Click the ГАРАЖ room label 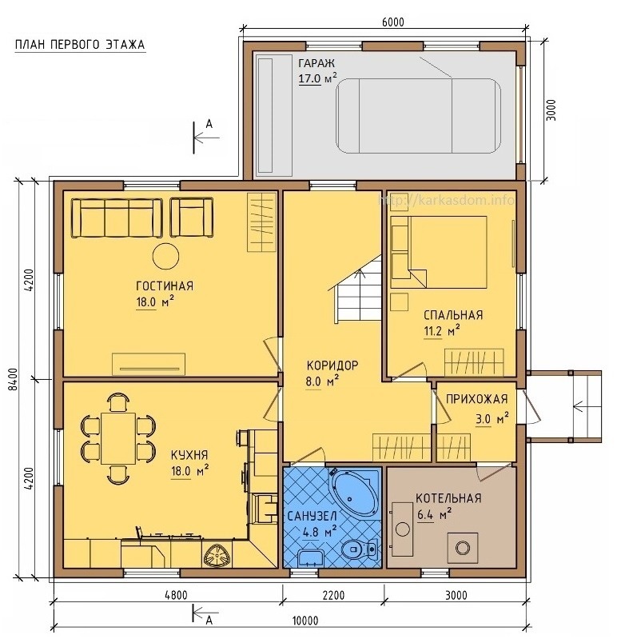tap(316, 63)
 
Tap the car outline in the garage tap(418, 116)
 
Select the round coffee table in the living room tap(165, 256)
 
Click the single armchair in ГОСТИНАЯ tap(192, 218)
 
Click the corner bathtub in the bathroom tap(355, 493)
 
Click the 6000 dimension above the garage tap(392, 22)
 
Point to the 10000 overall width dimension tap(305, 621)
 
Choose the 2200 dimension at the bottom tap(333, 595)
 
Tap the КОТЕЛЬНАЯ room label tap(448, 498)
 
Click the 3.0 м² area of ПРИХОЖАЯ tap(492, 419)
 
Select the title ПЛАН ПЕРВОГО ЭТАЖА tap(80, 45)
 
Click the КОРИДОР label tap(332, 365)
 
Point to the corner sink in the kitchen tap(217, 556)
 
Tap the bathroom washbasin tap(310, 558)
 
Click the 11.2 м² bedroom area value tap(441, 330)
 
